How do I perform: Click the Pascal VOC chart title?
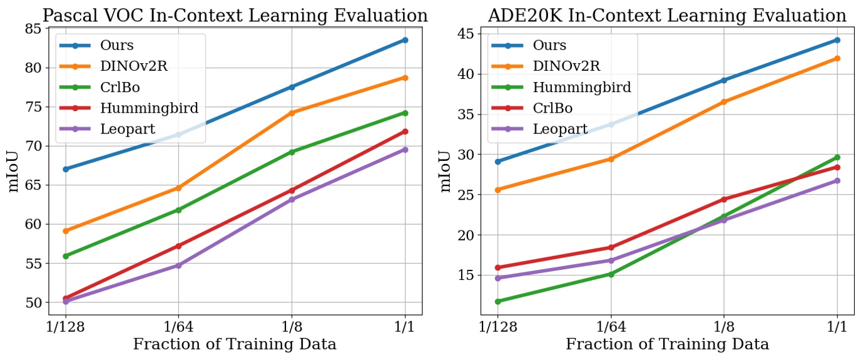pyautogui.click(x=235, y=15)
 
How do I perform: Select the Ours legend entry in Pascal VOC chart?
pyautogui.click(x=117, y=45)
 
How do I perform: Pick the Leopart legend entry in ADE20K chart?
pyautogui.click(x=560, y=129)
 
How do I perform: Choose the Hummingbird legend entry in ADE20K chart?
pyautogui.click(x=581, y=87)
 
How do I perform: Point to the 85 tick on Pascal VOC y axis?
pyautogui.click(x=33, y=28)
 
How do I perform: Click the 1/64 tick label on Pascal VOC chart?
pyautogui.click(x=178, y=327)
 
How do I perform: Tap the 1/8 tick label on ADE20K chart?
pyautogui.click(x=724, y=327)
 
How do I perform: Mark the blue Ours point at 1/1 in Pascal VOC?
pyautogui.click(x=405, y=40)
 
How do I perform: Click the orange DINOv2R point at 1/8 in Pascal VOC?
pyautogui.click(x=292, y=113)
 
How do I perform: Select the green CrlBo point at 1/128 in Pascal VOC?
pyautogui.click(x=66, y=256)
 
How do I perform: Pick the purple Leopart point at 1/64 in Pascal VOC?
pyautogui.click(x=178, y=265)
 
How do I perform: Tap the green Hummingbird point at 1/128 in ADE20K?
pyautogui.click(x=498, y=302)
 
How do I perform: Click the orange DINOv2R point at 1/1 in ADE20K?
pyautogui.click(x=837, y=58)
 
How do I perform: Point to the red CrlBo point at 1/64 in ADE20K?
pyautogui.click(x=611, y=247)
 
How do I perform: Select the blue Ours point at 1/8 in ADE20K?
pyautogui.click(x=724, y=80)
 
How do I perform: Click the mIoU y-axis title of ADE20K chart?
pyautogui.click(x=446, y=171)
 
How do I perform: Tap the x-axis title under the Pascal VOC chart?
pyautogui.click(x=235, y=344)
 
